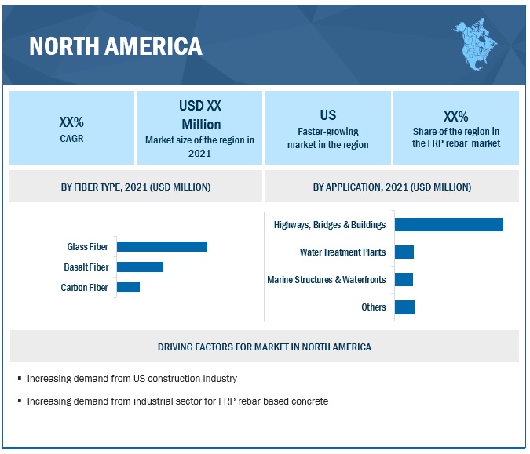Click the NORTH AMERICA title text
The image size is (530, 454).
click(x=115, y=46)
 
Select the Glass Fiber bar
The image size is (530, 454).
click(x=162, y=246)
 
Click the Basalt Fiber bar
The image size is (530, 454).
click(x=140, y=267)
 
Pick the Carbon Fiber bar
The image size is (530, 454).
click(x=128, y=287)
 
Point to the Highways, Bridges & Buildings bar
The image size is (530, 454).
click(x=448, y=224)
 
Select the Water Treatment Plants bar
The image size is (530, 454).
click(x=404, y=252)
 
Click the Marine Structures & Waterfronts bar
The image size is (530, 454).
click(x=404, y=279)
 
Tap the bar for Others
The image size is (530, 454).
click(x=404, y=307)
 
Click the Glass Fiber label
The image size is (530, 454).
click(x=87, y=246)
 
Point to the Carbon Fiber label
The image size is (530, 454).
click(x=84, y=288)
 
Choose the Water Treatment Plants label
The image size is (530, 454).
click(x=342, y=252)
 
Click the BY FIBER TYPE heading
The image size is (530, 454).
click(x=135, y=187)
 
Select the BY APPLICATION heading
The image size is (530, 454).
click(x=392, y=187)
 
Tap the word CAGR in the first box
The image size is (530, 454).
click(x=71, y=139)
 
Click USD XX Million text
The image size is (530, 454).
click(x=200, y=114)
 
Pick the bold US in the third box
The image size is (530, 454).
click(x=327, y=115)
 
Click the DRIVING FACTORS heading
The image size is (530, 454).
click(x=264, y=347)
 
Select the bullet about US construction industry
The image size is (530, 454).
click(x=132, y=378)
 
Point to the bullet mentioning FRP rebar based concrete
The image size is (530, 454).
click(x=177, y=401)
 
